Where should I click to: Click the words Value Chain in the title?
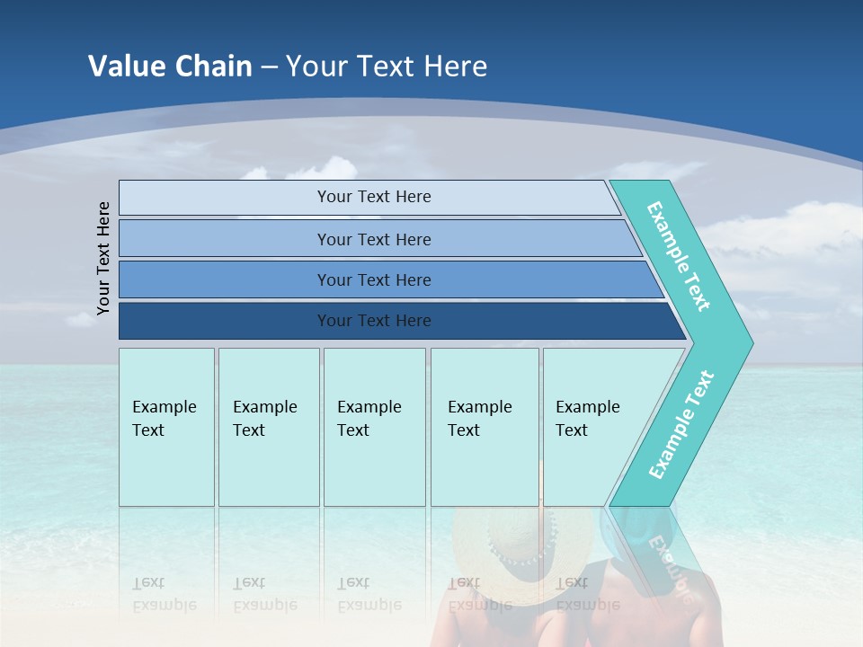click(x=170, y=66)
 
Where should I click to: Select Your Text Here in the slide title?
click(x=387, y=66)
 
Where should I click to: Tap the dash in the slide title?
click(x=269, y=66)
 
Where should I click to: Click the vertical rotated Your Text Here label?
click(x=103, y=258)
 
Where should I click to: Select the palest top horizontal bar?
click(x=373, y=197)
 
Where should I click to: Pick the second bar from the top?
click(x=373, y=239)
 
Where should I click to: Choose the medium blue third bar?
click(x=373, y=279)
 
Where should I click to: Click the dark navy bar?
click(x=373, y=321)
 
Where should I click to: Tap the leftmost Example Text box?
click(x=166, y=427)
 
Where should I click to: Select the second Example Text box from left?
click(x=268, y=427)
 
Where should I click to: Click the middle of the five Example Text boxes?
click(x=374, y=427)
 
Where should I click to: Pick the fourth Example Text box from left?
click(x=484, y=427)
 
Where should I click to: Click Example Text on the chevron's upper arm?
click(x=679, y=256)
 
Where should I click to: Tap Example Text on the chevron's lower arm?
click(x=681, y=424)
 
